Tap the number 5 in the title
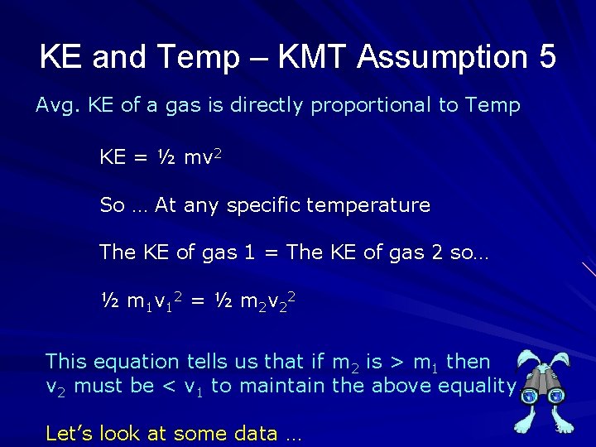[546, 58]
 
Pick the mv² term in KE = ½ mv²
[198, 156]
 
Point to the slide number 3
[559, 428]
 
